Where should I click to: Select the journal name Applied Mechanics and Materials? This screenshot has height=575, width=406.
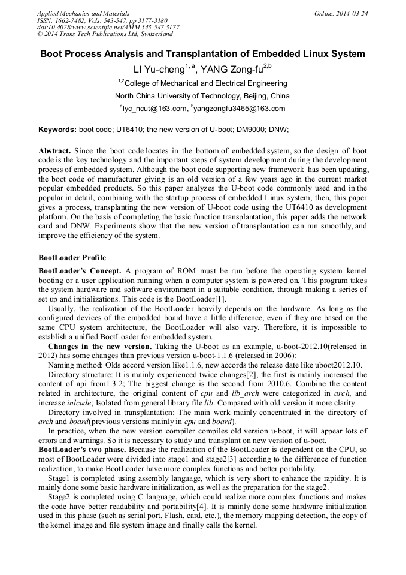click(83, 13)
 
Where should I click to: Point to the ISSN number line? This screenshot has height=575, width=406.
click(102, 20)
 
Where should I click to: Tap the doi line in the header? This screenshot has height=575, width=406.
click(108, 28)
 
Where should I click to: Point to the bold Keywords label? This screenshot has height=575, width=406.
click(57, 130)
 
